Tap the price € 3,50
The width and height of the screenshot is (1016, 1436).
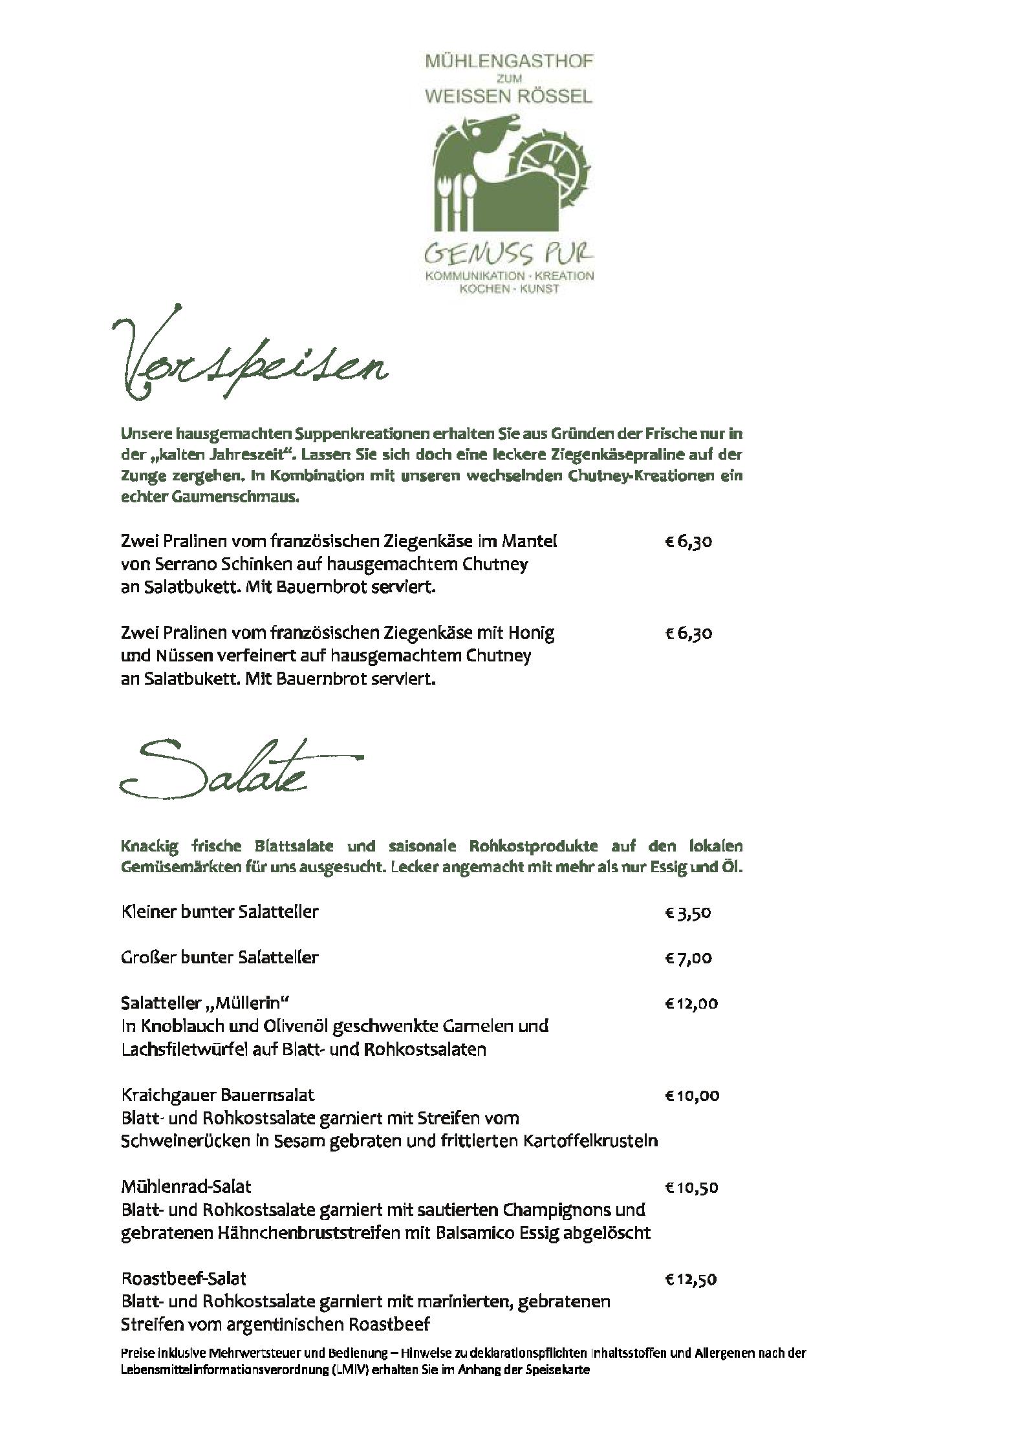[688, 913]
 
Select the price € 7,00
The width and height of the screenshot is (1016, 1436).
[688, 958]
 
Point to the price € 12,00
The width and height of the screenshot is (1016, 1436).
[691, 1003]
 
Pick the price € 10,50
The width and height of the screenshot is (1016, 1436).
[691, 1188]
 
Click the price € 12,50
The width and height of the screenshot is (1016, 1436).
[691, 1280]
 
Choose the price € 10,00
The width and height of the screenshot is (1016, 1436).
[691, 1096]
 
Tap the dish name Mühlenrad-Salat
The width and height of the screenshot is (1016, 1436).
[186, 1186]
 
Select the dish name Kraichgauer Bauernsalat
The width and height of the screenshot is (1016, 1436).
[217, 1095]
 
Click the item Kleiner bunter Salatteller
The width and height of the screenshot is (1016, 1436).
[219, 912]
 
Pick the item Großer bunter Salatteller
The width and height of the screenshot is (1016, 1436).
[219, 957]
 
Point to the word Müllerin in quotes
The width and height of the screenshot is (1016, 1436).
[252, 1003]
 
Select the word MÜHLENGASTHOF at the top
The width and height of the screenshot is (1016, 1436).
[508, 63]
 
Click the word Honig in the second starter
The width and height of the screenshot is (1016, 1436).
[532, 632]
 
